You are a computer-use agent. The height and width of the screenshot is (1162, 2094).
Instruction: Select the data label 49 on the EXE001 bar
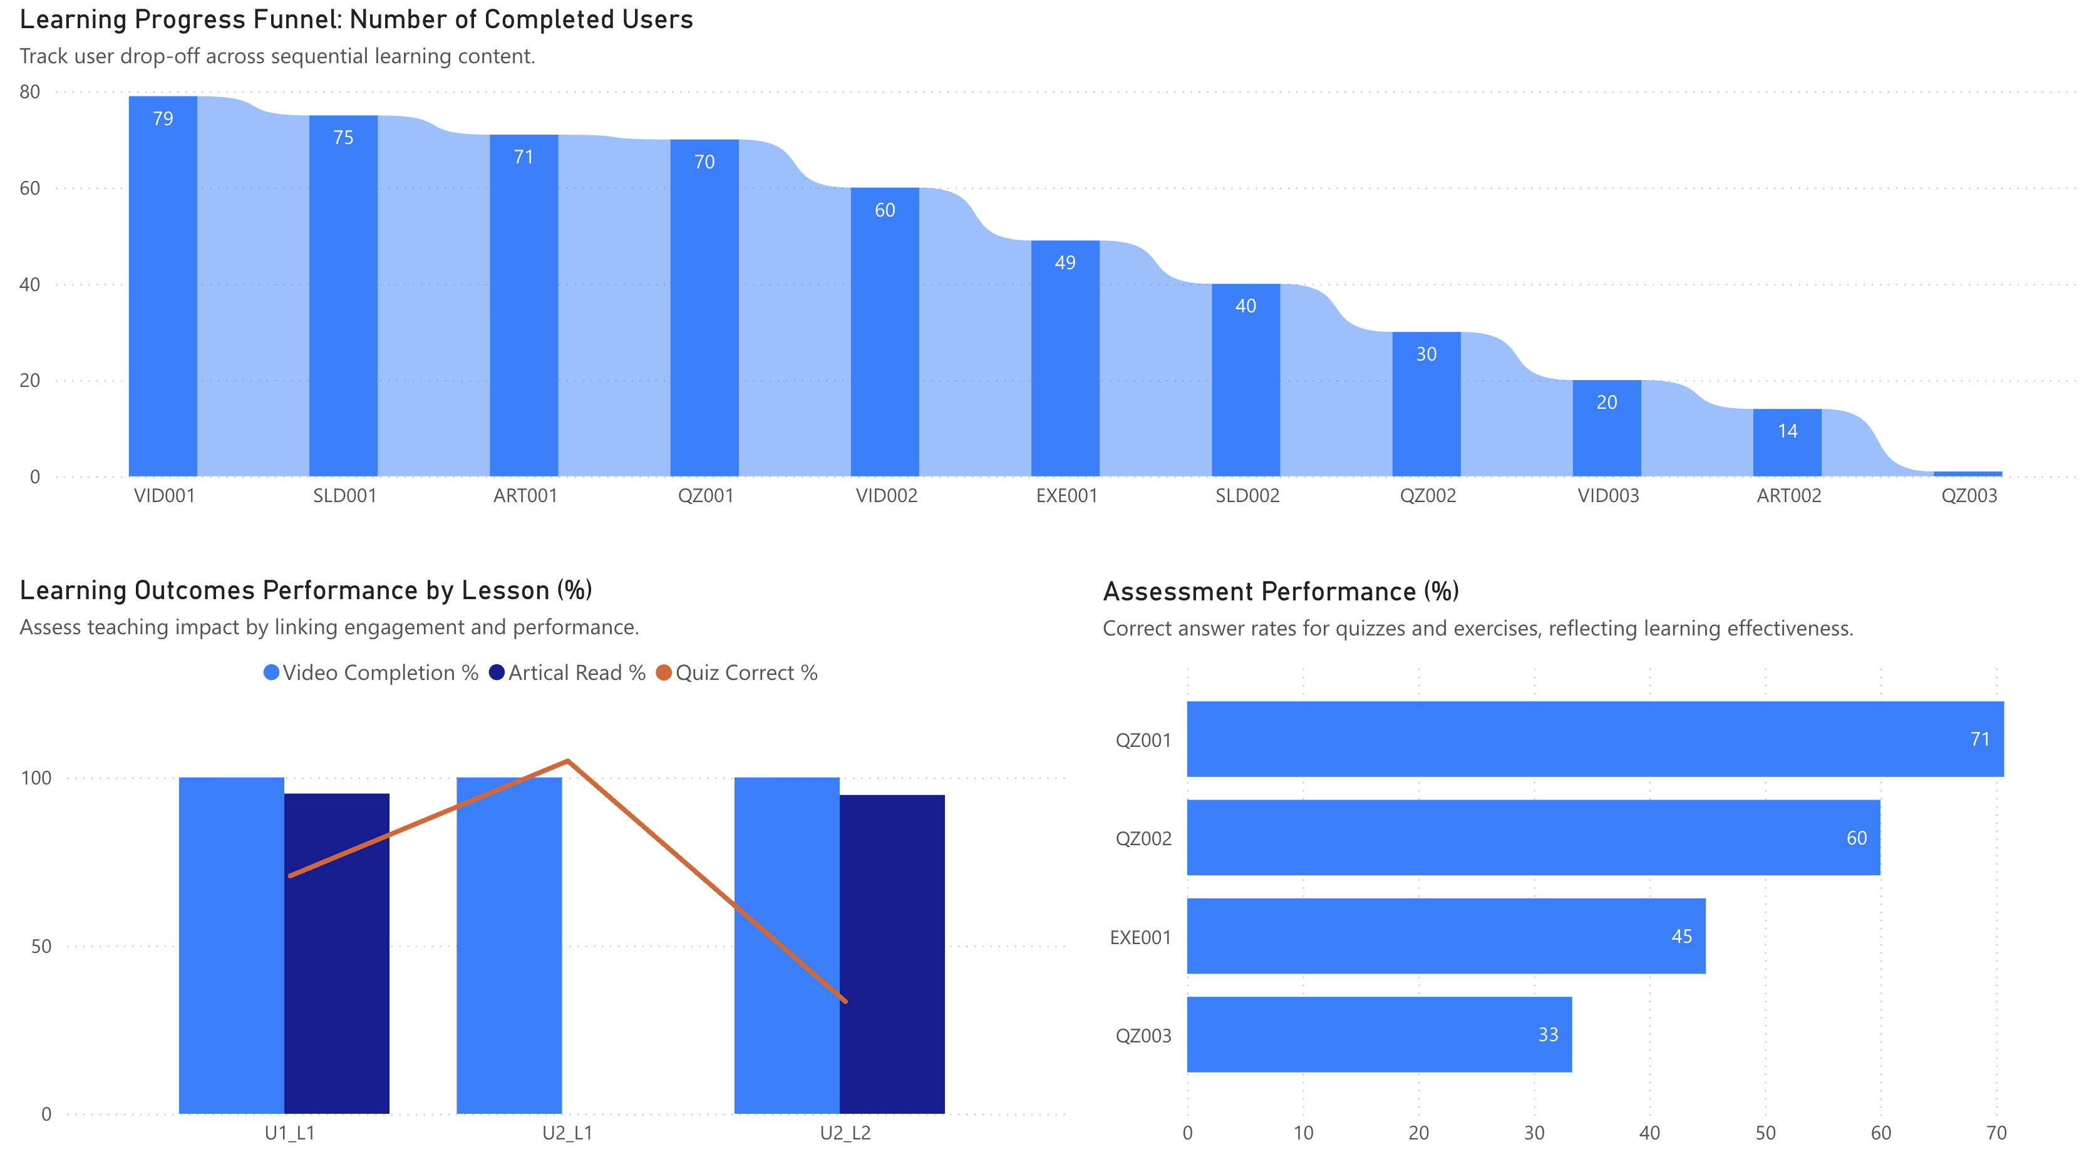1065,262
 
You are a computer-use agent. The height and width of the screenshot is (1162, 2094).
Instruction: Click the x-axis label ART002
1788,496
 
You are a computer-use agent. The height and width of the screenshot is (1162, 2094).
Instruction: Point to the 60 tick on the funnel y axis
30,188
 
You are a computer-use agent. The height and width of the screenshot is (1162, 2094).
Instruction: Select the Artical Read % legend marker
497,673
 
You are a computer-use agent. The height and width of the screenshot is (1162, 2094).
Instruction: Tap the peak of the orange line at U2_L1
567,761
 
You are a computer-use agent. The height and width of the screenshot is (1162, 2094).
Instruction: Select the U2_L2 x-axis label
845,1133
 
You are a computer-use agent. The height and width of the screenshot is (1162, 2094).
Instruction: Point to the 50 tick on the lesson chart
41,947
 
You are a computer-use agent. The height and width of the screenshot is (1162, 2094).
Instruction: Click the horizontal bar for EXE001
1445,936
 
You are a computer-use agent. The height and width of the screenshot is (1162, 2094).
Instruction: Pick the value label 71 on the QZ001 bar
1979,739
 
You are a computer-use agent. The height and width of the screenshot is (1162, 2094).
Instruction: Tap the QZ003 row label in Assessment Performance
1143,1036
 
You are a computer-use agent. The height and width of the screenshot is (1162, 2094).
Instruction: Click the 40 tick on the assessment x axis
1649,1133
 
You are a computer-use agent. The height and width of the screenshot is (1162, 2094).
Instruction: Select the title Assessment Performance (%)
1281,592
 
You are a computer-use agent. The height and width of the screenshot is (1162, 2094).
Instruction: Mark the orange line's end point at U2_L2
845,1001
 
